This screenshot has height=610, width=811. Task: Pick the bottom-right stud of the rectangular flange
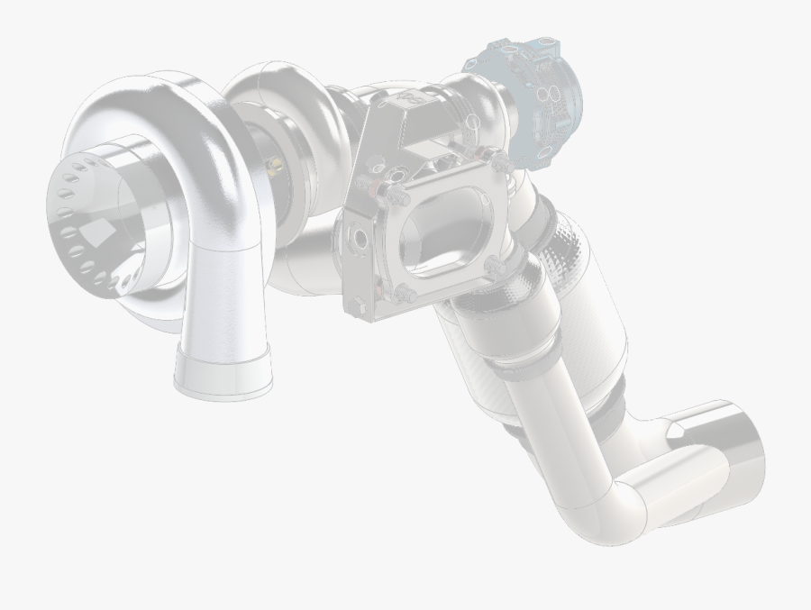tap(491, 266)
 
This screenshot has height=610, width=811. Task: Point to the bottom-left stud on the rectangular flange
tap(403, 298)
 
